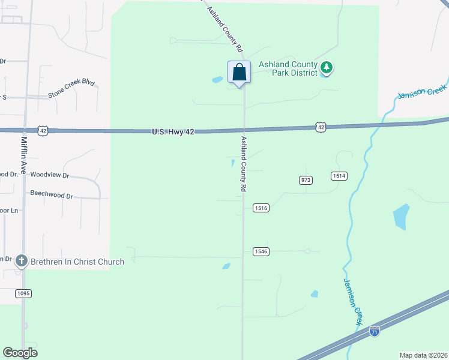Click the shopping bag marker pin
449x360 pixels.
[x=239, y=73]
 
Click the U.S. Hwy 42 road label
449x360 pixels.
[x=172, y=131]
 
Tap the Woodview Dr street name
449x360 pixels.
[x=50, y=176]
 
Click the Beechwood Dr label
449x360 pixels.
[x=51, y=196]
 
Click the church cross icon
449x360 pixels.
[x=22, y=261]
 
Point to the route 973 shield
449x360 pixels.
[x=306, y=179]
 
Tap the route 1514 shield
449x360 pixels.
[x=339, y=175]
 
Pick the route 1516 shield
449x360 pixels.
[x=261, y=208]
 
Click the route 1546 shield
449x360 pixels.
[x=261, y=251]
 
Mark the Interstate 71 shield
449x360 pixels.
[x=375, y=331]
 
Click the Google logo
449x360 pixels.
[x=20, y=353]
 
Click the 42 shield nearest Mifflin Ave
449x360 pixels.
[x=42, y=130]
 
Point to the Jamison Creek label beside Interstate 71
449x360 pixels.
[x=354, y=301]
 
